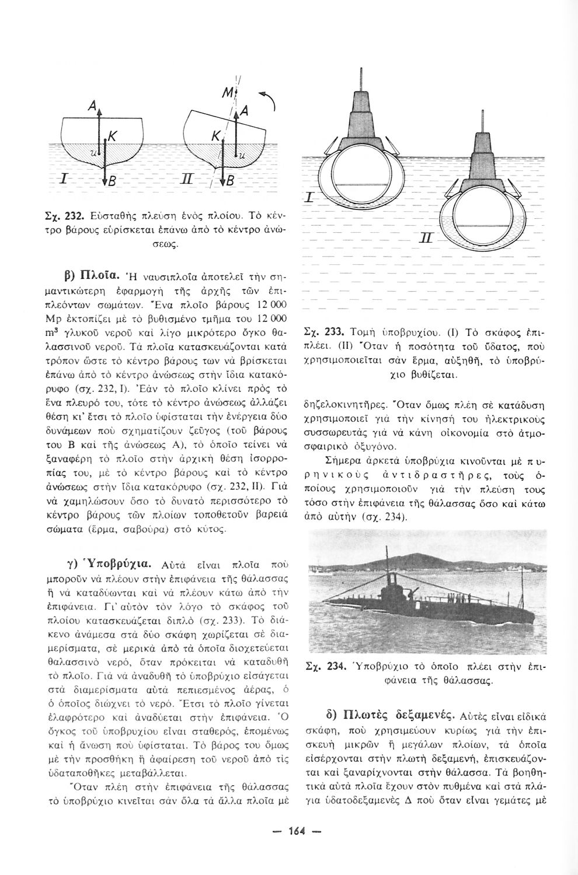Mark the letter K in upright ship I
point(111,135)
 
